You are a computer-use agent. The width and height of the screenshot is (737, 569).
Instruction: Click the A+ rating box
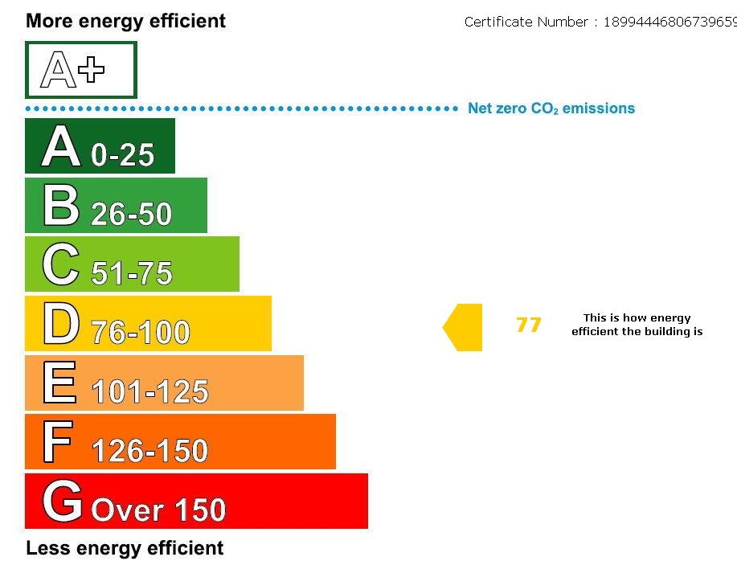point(80,70)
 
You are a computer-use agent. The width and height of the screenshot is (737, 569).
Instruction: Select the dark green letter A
point(61,146)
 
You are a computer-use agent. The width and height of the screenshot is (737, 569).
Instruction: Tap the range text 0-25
point(122,154)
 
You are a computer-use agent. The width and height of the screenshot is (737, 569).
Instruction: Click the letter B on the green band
point(61,206)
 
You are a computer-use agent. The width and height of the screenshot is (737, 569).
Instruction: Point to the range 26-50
point(131,214)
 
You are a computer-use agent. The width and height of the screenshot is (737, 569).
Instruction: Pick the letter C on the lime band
point(61,264)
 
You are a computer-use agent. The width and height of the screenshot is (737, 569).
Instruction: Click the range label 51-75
point(131,273)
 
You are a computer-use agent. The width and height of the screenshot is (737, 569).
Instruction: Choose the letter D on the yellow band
point(61,324)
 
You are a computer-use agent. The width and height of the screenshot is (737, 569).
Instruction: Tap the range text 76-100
point(140,332)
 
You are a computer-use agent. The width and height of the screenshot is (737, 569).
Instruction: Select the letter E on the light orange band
point(59,383)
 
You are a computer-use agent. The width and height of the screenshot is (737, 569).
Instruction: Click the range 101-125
point(149,391)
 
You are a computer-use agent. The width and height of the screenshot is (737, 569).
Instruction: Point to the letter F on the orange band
point(58,442)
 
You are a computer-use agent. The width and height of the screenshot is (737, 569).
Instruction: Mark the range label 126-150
point(149,451)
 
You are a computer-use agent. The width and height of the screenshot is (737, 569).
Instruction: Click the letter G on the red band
point(62,501)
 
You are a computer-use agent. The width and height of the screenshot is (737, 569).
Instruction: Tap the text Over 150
point(158,510)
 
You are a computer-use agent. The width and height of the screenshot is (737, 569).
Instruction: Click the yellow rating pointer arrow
point(464,327)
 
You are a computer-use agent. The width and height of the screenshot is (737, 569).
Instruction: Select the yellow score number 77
point(528,325)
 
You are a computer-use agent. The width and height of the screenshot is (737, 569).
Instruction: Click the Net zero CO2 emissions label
point(551,108)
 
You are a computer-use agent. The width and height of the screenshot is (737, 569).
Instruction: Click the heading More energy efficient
point(125,21)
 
